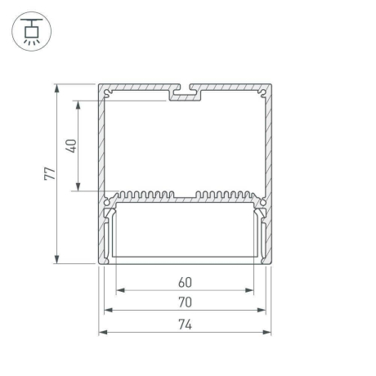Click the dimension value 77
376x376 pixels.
48,173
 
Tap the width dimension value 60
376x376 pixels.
185,282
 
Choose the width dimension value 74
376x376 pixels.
185,324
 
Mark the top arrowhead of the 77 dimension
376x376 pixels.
56,87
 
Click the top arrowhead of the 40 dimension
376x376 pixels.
78,104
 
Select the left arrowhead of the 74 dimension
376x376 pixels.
102,332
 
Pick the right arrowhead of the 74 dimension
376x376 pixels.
268,332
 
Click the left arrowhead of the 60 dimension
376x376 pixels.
119,290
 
